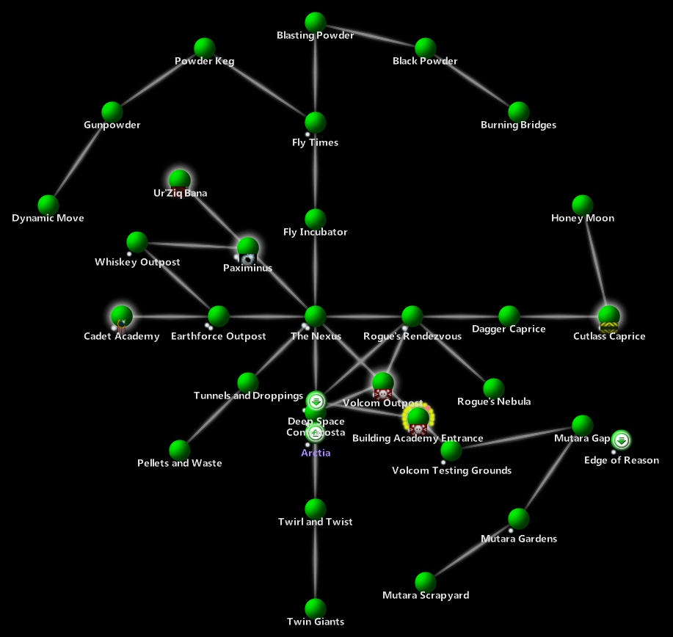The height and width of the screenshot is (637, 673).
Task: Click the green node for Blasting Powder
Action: point(315,22)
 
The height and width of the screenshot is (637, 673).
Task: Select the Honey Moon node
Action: point(582,205)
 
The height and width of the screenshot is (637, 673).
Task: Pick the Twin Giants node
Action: point(315,608)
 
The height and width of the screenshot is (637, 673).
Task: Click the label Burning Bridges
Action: point(518,125)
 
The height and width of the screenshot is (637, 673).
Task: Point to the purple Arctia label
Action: point(316,453)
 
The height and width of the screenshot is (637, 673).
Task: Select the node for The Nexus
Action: point(315,316)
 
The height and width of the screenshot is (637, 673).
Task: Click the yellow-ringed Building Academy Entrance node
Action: point(418,418)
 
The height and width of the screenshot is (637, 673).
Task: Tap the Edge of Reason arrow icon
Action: point(622,440)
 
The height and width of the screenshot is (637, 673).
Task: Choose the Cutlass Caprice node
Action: point(608,316)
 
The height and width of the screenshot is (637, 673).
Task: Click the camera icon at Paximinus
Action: point(248,259)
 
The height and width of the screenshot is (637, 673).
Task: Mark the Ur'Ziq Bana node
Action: point(180,179)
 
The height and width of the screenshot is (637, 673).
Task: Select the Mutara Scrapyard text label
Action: point(426,595)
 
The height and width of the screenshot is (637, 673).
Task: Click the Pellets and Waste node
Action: point(180,450)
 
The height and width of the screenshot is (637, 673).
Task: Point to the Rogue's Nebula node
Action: point(494,388)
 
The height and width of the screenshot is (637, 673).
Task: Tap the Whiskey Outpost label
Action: point(137,262)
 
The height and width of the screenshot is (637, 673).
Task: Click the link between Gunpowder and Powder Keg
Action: point(158,80)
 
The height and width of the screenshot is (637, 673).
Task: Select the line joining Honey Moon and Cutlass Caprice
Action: point(595,261)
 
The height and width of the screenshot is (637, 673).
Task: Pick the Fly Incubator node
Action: point(315,219)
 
